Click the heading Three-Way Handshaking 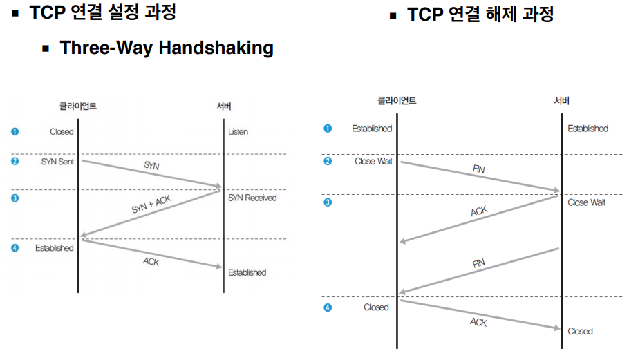[166, 48]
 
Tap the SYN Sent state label [57, 161]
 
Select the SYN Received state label [252, 198]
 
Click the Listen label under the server [238, 131]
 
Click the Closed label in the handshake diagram [62, 131]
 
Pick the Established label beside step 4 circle [54, 247]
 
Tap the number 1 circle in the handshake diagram [15, 131]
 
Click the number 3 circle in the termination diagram [328, 202]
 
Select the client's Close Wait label [373, 161]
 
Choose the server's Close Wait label [587, 202]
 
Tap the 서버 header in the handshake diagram [224, 106]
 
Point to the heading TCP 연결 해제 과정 [480, 15]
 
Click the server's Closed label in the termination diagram [580, 331]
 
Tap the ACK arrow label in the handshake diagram [151, 261]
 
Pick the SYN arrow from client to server [151, 174]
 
